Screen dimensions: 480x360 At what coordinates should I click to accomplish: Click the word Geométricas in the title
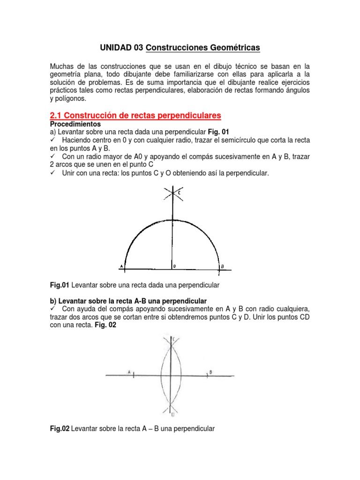coord(233,48)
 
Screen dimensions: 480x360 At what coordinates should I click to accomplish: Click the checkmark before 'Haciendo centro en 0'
coord(52,141)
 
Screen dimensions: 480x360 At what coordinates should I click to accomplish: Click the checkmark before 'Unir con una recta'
coord(52,173)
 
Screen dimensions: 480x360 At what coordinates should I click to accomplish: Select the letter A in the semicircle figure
coord(121,266)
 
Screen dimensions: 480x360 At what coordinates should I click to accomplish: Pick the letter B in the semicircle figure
coord(223,266)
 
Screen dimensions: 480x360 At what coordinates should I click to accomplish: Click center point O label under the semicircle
coord(175,266)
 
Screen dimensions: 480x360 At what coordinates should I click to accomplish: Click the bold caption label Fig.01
coord(60,285)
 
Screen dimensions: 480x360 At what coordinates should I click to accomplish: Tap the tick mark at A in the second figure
coord(134,375)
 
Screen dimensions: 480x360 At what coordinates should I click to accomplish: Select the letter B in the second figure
coord(211,372)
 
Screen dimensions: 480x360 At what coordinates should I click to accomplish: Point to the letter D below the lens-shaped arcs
coord(173,414)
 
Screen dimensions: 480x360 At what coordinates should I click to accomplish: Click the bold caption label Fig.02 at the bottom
coord(60,428)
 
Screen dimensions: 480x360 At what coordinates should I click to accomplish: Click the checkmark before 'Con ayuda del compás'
coord(52,309)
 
